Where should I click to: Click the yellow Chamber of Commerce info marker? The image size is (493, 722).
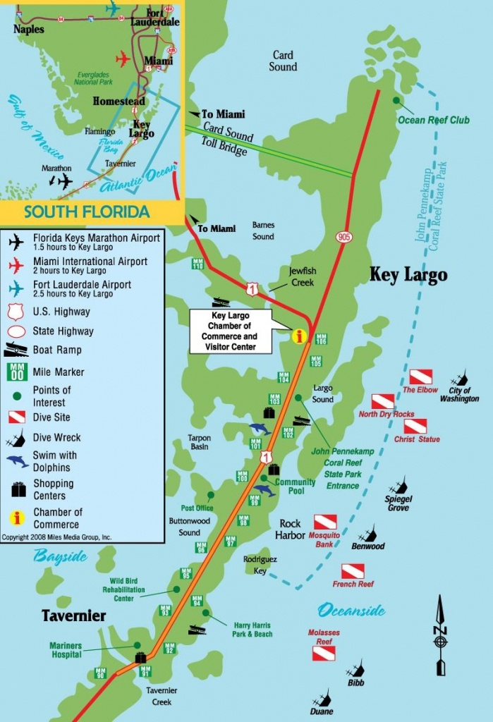300,336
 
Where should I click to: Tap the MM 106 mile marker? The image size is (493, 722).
321,339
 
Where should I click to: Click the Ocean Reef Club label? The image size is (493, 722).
433,120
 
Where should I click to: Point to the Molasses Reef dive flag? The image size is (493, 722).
324,654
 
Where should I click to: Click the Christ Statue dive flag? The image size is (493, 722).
415,426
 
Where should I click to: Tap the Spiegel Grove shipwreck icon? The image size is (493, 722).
400,485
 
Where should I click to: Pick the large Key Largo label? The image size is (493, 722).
408,274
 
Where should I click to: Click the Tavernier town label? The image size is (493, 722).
73,616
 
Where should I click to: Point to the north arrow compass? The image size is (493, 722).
441,635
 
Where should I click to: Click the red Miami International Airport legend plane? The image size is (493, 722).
16,264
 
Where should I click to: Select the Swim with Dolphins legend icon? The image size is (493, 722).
17,460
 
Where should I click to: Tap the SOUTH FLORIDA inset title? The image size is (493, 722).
87,212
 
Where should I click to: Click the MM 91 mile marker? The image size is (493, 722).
145,671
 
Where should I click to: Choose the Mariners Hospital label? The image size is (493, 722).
66,649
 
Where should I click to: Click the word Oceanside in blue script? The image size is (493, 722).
351,610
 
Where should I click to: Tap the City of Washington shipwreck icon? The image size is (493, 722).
461,379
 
